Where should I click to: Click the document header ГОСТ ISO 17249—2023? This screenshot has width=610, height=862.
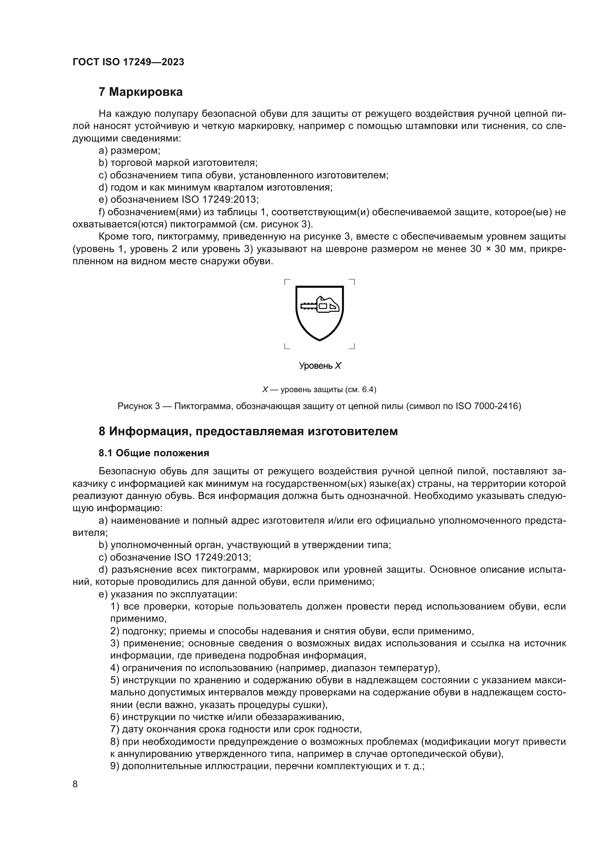[128, 62]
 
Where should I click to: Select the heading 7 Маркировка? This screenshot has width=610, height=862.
[141, 92]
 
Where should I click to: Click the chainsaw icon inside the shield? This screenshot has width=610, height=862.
[320, 305]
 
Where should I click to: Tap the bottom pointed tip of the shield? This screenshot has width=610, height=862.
[320, 340]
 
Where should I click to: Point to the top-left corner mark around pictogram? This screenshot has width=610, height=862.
[287, 282]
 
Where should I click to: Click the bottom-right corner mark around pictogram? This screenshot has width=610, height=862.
[352, 346]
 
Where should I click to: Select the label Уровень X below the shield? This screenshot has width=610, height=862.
[320, 366]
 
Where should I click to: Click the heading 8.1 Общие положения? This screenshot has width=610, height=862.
[154, 453]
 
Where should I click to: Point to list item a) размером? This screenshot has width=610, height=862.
[129, 151]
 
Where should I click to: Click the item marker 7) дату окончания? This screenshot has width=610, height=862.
[115, 729]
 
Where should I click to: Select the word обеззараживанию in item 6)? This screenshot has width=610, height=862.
[299, 717]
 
